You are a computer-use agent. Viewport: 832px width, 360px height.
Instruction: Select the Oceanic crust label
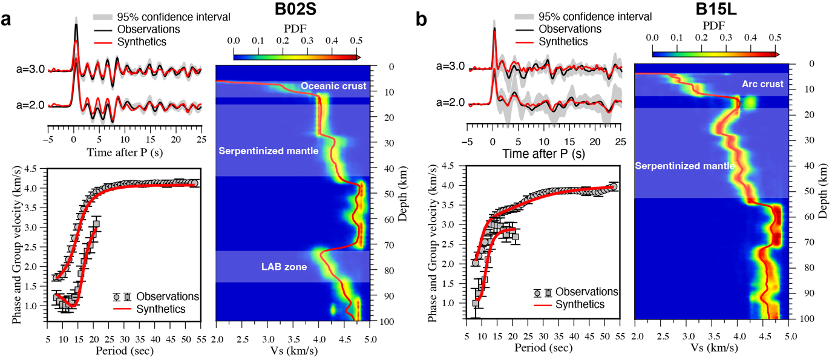tap(333, 87)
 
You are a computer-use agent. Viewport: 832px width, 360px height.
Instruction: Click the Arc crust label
tap(762, 83)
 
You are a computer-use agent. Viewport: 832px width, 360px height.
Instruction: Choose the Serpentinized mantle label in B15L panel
tap(684, 165)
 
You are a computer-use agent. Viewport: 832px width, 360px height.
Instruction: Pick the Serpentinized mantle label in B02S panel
tap(268, 151)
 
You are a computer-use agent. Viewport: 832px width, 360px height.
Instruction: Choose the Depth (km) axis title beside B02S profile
tap(402, 194)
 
